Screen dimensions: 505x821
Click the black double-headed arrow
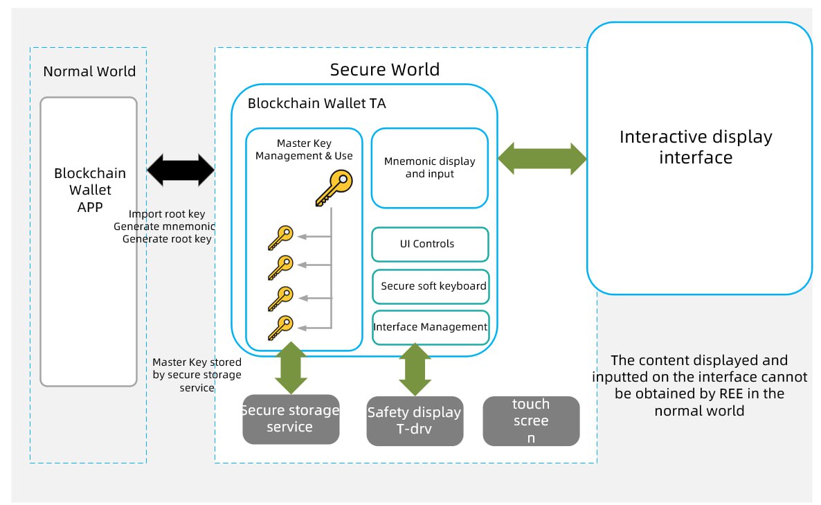tap(181, 170)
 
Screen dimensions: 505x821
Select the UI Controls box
tap(430, 244)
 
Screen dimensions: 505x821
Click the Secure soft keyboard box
tap(431, 286)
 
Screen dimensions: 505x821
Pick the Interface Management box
tap(431, 327)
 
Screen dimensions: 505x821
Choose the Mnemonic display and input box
tap(430, 168)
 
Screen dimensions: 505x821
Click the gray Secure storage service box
tap(291, 419)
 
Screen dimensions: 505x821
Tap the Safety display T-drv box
tap(415, 420)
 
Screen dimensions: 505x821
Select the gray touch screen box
tap(531, 420)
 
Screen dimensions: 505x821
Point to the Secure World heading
tap(385, 69)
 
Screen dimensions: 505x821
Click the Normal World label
tap(89, 71)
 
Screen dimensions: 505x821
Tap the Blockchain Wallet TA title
tap(317, 104)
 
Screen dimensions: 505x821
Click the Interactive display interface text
tap(696, 147)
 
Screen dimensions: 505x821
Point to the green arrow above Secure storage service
tap(291, 368)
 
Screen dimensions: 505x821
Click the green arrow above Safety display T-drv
tap(415, 369)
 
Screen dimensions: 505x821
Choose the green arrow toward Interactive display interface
tap(542, 159)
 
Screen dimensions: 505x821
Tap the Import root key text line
tap(167, 214)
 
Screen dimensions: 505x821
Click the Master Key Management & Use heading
tap(304, 150)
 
